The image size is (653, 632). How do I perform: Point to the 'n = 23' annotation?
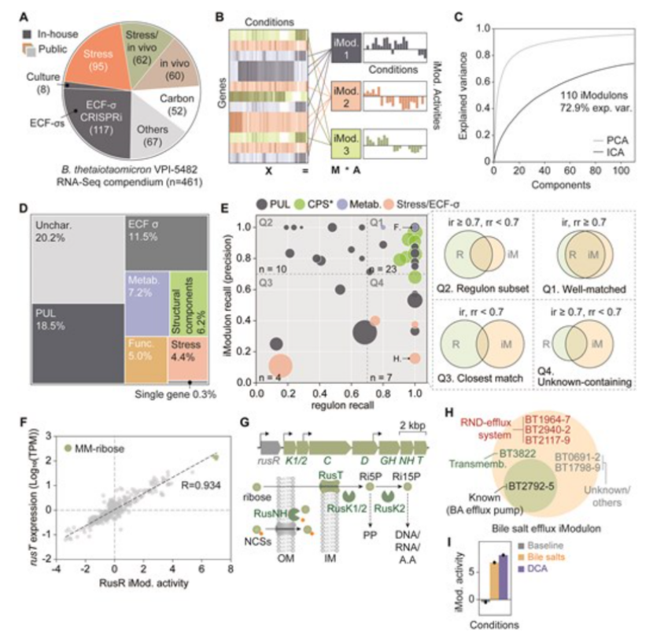(386, 272)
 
